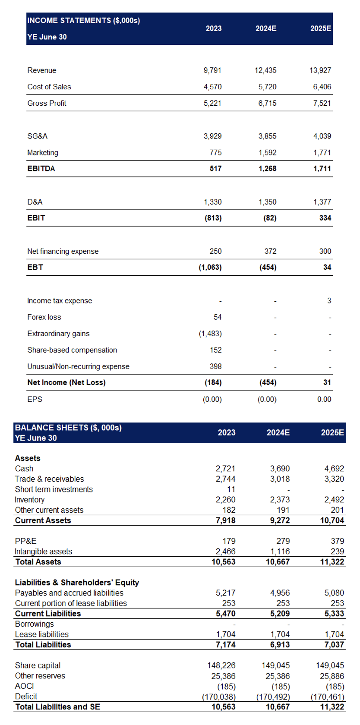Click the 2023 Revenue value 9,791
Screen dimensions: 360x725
point(212,70)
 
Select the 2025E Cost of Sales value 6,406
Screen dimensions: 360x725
point(322,87)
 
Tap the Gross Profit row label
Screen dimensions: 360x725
point(47,103)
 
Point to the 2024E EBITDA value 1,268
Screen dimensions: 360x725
point(268,169)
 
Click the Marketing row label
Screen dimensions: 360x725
point(43,152)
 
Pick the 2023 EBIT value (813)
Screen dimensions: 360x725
point(213,218)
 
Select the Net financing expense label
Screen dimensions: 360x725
point(63,251)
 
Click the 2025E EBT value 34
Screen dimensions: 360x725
point(327,268)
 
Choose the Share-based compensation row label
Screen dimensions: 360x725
point(72,350)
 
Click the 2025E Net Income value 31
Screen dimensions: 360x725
point(327,382)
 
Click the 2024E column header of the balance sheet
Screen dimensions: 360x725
point(278,432)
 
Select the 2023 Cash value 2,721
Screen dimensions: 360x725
point(226,469)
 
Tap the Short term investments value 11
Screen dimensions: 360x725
point(231,489)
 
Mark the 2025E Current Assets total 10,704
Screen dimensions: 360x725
point(332,520)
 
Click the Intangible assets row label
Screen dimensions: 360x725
point(43,552)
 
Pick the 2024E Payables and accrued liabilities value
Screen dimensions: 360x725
point(280,593)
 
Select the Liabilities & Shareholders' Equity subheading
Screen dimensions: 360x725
point(77,583)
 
